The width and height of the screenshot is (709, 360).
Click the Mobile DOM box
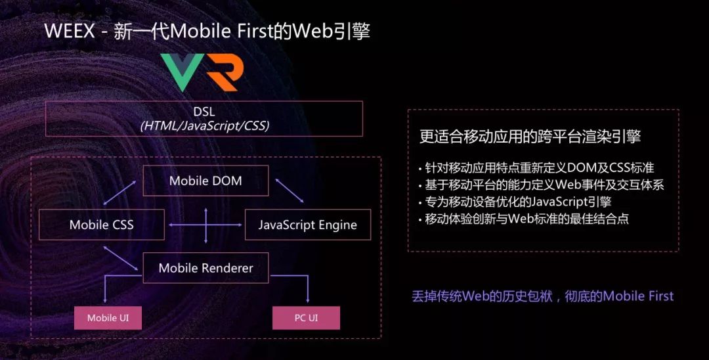[205, 181]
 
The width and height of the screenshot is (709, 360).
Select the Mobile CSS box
[101, 225]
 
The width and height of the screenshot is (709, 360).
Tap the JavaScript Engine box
[307, 225]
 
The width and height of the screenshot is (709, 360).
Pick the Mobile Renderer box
[205, 268]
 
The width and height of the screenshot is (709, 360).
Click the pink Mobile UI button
[108, 318]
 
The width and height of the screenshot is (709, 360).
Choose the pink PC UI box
[306, 318]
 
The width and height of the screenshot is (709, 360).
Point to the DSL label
[204, 112]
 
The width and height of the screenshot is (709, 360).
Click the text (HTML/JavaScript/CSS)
[204, 125]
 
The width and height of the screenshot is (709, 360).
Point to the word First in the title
[247, 32]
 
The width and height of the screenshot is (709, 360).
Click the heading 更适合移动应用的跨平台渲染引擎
[530, 137]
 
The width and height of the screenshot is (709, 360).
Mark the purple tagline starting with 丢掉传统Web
[542, 296]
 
